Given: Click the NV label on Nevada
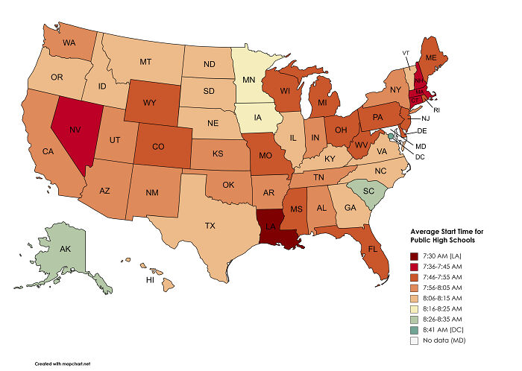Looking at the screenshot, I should (75, 129).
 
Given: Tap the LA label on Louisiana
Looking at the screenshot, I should (274, 227).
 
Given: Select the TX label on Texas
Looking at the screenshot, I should (211, 226).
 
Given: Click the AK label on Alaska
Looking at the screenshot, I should (66, 250).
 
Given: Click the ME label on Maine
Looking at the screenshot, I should (430, 57).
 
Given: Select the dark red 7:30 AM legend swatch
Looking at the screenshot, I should (415, 256).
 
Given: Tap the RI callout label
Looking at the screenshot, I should (436, 109).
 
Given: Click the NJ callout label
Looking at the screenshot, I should (424, 118).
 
